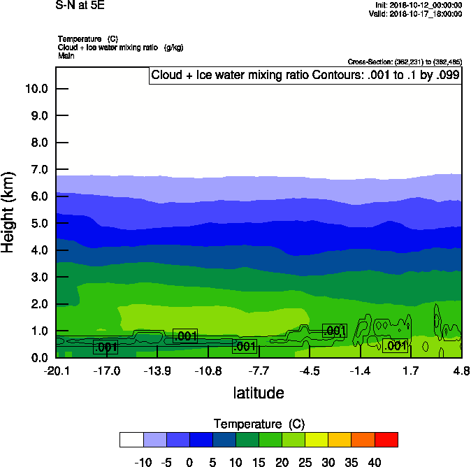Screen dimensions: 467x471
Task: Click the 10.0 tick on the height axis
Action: point(36,89)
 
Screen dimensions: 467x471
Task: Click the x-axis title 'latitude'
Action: point(259,393)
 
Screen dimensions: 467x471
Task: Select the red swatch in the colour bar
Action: point(386,439)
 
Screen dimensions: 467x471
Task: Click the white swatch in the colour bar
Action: point(131,439)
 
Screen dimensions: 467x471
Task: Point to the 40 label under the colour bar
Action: point(375,461)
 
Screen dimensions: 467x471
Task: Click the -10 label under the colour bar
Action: point(143,461)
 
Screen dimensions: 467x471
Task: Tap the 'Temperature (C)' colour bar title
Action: point(259,424)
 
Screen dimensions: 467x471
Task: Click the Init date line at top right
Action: point(417,5)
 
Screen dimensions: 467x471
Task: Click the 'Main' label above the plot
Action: point(66,55)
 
